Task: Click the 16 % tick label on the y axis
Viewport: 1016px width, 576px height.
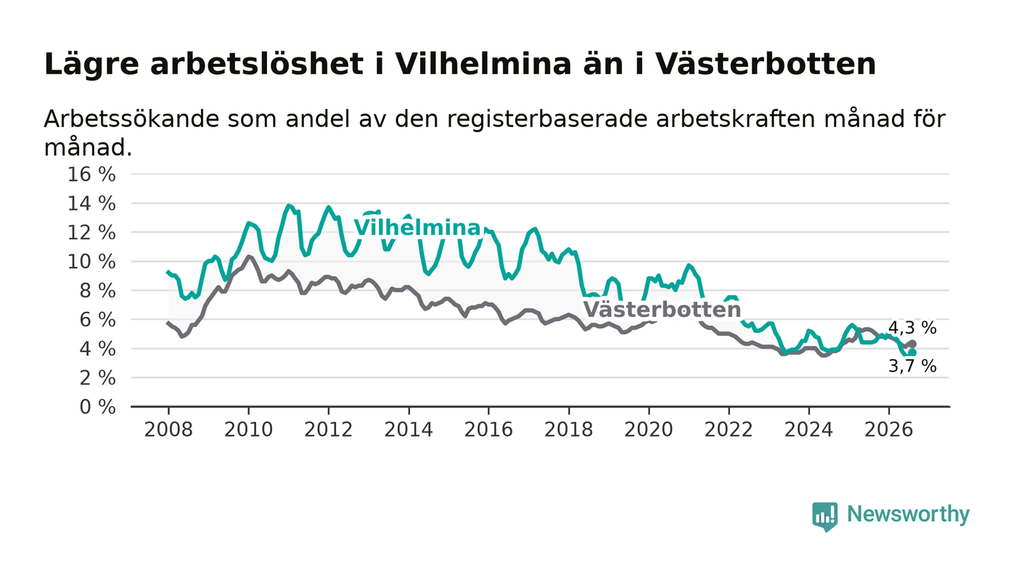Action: click(x=91, y=175)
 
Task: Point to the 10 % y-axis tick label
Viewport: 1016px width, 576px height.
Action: click(x=91, y=262)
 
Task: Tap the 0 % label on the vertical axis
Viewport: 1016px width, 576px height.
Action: click(x=97, y=407)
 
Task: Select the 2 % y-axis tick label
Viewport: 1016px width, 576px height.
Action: click(x=97, y=378)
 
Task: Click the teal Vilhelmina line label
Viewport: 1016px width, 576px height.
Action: click(x=417, y=228)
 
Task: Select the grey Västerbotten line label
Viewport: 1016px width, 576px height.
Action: click(x=662, y=310)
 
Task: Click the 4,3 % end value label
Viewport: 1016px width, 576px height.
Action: click(x=912, y=327)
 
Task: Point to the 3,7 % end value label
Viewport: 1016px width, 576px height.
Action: click(x=912, y=366)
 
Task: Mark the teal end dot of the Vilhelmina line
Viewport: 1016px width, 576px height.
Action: click(x=912, y=353)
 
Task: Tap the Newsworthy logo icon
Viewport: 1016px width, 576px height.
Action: click(x=824, y=517)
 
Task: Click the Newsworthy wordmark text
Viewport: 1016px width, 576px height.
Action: click(x=908, y=514)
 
